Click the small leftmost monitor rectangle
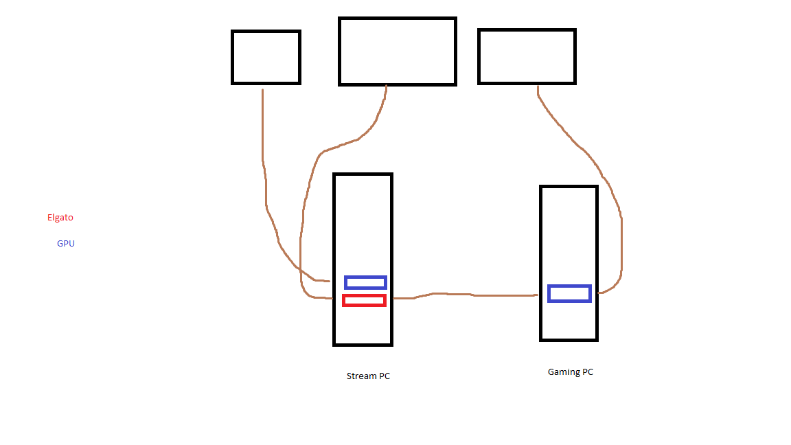(x=266, y=57)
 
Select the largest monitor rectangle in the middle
(x=397, y=52)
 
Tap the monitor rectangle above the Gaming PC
(x=527, y=56)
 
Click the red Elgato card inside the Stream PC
(x=364, y=300)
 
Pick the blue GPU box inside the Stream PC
(x=365, y=282)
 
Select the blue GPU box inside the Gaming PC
(x=569, y=293)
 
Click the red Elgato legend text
(x=60, y=218)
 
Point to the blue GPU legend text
(x=66, y=244)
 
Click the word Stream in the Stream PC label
(x=361, y=376)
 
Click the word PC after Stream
(x=384, y=376)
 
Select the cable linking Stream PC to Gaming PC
(x=467, y=295)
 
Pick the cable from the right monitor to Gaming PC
(x=604, y=179)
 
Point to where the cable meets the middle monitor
(x=387, y=87)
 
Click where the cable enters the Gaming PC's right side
(x=599, y=293)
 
